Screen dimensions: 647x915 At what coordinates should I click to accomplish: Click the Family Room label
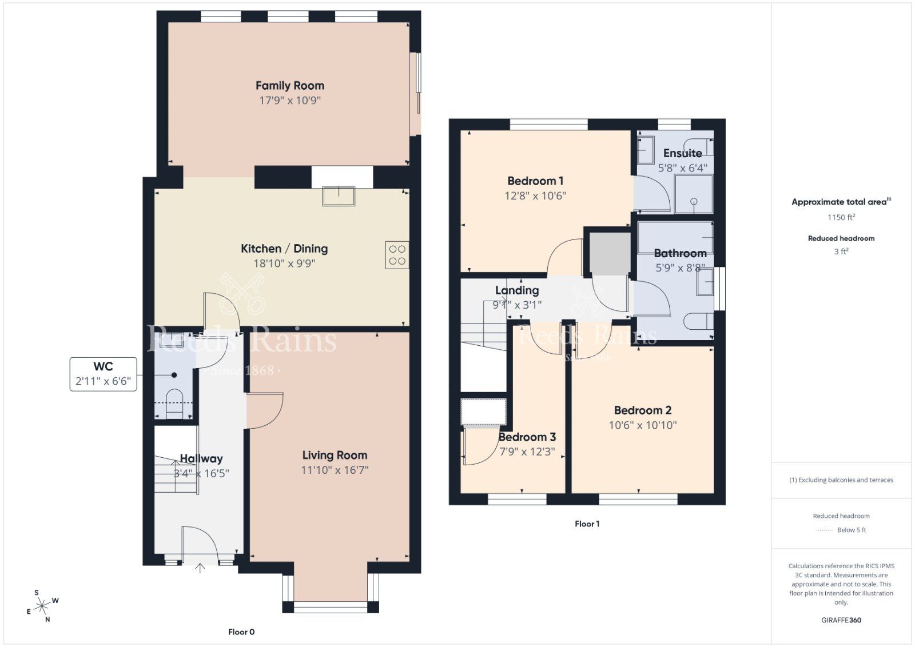point(289,86)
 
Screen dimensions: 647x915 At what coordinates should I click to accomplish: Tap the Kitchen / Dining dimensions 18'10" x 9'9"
point(284,263)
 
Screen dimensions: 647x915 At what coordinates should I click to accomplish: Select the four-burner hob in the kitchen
point(397,255)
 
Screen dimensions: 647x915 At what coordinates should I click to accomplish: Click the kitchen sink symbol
point(339,196)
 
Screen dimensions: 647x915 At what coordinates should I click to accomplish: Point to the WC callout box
point(104,374)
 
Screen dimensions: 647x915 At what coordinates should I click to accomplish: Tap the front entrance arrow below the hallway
point(200,568)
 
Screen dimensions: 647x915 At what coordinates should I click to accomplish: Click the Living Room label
point(335,456)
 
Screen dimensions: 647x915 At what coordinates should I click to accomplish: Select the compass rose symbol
point(43,605)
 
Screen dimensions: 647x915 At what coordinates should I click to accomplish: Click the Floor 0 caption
point(241,632)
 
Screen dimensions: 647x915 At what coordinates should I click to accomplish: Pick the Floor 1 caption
point(587,524)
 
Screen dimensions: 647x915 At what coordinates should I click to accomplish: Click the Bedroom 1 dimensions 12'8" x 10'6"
point(535,195)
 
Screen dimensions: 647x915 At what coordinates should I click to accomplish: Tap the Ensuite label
point(682,153)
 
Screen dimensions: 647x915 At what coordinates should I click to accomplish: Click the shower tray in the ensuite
point(694,194)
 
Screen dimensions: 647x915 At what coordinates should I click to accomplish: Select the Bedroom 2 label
point(642,410)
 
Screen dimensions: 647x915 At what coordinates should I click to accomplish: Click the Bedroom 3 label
point(527,437)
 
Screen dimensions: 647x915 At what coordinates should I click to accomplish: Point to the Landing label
point(517,290)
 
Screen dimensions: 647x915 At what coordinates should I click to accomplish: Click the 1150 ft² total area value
point(841,217)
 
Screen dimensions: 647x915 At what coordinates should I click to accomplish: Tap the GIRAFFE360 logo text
point(841,620)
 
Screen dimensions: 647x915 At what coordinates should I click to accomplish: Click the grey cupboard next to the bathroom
point(610,251)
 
